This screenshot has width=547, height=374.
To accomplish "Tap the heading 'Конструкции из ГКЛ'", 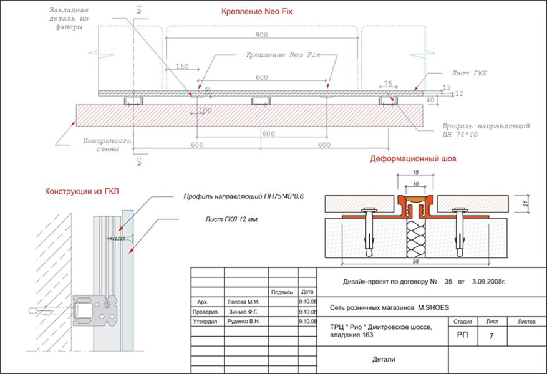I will (x=80, y=191).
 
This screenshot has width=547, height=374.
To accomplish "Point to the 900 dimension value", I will (x=263, y=36).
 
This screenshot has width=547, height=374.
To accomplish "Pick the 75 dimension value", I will (x=387, y=83).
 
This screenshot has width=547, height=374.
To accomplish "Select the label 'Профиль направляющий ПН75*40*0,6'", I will (x=240, y=198).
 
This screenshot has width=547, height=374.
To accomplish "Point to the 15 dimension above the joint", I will (x=415, y=172).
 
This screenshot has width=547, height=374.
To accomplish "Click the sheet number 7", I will (x=491, y=336).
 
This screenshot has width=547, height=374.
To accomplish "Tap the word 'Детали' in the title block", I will (x=384, y=360).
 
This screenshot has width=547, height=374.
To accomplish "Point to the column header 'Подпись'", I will (x=282, y=291).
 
